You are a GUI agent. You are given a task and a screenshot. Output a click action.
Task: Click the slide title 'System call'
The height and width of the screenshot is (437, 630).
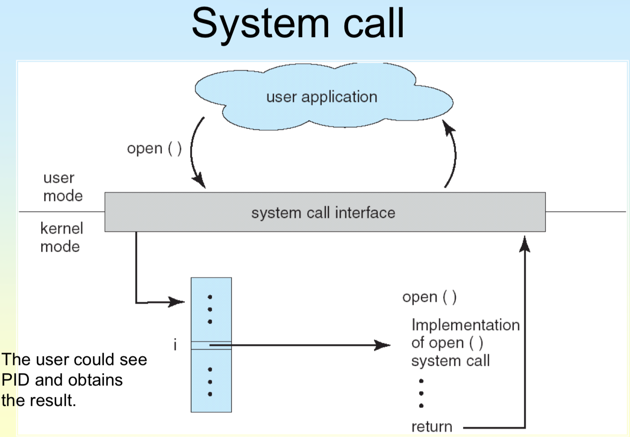coord(298,24)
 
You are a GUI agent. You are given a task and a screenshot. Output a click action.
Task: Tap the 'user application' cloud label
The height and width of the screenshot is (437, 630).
coord(322,98)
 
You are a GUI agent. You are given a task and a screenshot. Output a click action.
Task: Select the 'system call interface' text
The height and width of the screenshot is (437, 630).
coord(323,213)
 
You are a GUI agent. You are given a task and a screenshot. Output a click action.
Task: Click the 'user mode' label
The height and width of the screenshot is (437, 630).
coord(63,187)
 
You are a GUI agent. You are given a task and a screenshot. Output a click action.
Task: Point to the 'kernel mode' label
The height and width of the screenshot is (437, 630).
coord(62,237)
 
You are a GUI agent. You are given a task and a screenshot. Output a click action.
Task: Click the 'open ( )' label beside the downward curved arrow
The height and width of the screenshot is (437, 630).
coord(155,148)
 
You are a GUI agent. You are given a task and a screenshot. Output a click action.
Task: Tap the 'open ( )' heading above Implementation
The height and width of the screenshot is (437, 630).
coord(430,297)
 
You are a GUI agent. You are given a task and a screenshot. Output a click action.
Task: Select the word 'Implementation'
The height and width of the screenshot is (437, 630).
coord(465,325)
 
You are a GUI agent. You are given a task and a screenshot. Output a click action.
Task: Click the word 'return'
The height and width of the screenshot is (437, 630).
coord(432,427)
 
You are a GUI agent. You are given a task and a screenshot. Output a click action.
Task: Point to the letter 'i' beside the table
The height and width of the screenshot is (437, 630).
coord(175,345)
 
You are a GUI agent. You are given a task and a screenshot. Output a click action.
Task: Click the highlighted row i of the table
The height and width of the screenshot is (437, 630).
coord(211,345)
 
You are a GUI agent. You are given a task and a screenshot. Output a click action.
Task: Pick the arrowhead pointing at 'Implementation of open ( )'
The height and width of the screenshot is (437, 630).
coord(383,345)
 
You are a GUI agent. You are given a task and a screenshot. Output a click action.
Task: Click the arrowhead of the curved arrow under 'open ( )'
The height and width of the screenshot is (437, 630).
coord(199,180)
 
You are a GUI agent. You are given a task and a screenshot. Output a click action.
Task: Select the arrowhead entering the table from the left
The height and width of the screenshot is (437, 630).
coord(176,302)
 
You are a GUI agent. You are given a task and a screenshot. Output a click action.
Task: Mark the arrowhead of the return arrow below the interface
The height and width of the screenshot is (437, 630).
coord(524,244)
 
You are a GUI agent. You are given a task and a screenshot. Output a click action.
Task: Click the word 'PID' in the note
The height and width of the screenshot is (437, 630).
coord(16,380)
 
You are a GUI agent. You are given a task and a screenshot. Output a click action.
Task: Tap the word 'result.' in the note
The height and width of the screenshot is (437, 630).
coord(53,400)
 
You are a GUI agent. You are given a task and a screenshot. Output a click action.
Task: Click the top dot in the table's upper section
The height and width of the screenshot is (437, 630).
coord(210,297)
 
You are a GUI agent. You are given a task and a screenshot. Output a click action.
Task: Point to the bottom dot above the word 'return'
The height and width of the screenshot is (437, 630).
coord(421,405)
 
